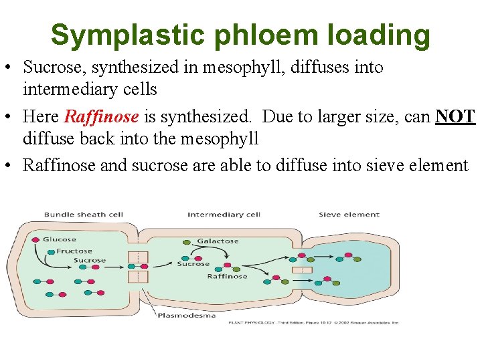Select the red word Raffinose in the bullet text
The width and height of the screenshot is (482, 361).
coord(101,116)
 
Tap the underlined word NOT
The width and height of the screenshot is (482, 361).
coord(455,116)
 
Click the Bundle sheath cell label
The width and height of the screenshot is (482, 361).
coord(84,215)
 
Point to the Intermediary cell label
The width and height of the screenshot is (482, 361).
coord(224,215)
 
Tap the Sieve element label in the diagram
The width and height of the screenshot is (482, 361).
coord(349,215)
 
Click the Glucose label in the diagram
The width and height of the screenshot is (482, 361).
coord(60,239)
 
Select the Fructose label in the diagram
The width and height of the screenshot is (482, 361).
coord(74,251)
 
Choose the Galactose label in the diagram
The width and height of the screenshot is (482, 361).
coord(218,241)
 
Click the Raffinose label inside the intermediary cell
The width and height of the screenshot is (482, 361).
coord(227,276)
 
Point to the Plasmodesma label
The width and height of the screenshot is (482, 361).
coord(187,315)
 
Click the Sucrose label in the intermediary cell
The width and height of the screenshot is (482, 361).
coord(193,263)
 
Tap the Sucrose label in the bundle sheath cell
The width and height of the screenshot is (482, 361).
coord(90,260)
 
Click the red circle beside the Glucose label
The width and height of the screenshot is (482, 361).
coord(35,239)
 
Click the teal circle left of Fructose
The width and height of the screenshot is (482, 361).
coord(51,251)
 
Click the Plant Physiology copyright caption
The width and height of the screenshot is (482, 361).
coord(313,322)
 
